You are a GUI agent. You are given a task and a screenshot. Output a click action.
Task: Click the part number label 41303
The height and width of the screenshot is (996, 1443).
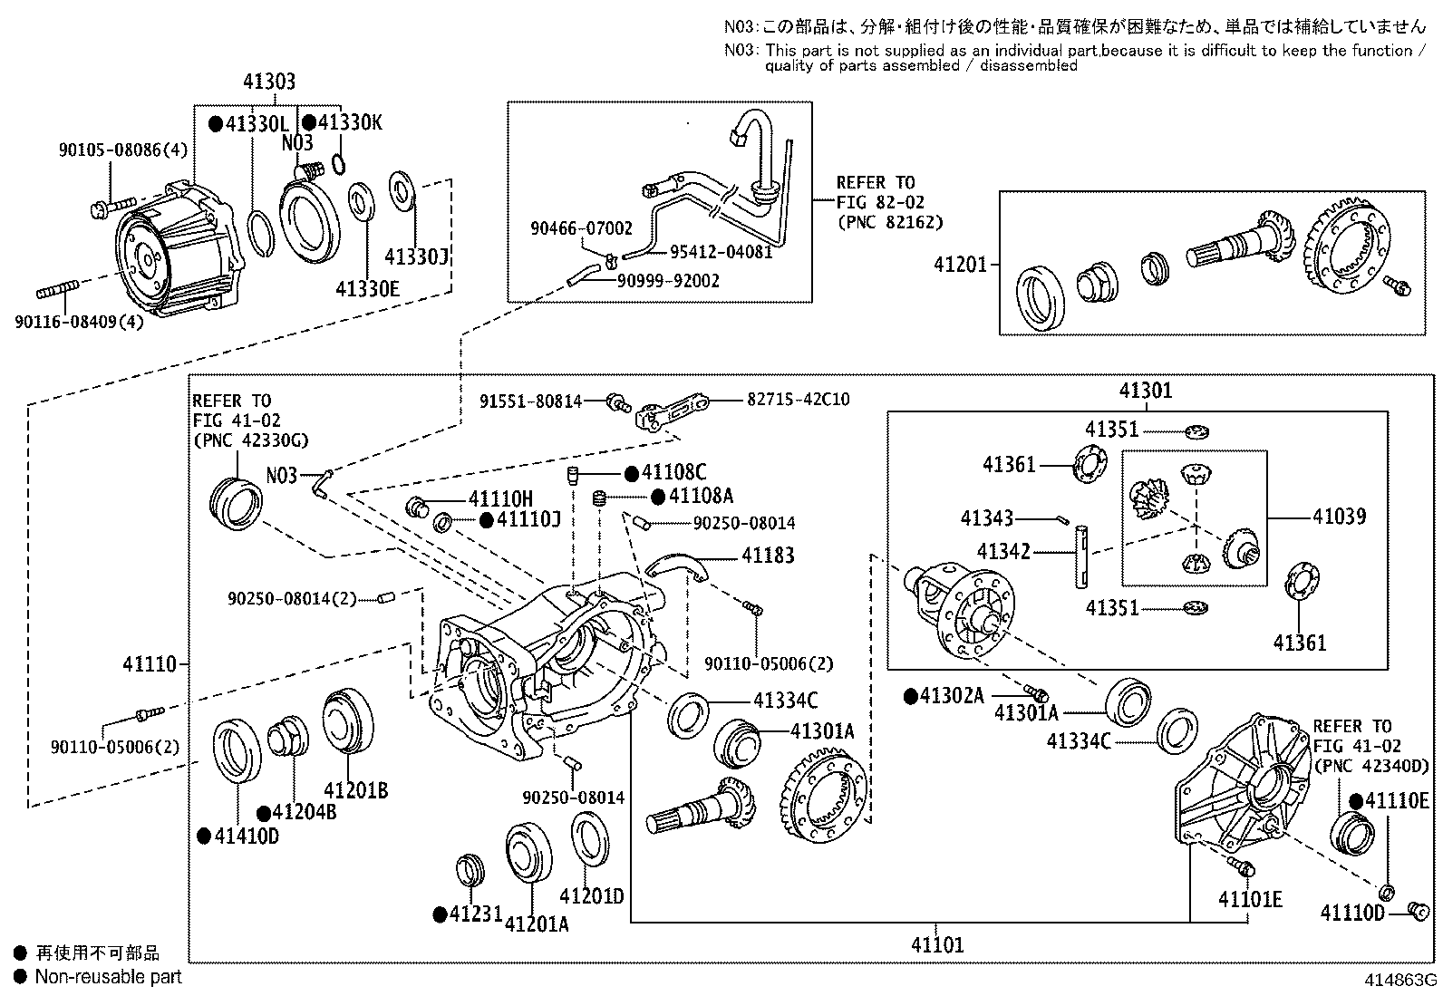pyautogui.click(x=269, y=82)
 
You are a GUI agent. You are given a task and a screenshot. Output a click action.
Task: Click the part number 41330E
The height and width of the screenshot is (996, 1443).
pyautogui.click(x=367, y=289)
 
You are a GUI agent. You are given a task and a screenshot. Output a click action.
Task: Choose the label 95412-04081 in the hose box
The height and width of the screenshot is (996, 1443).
pyautogui.click(x=721, y=252)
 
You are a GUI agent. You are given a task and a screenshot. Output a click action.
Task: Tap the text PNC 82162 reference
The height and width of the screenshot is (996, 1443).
pyautogui.click(x=890, y=223)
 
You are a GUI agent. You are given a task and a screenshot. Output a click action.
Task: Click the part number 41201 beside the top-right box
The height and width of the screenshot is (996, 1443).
pyautogui.click(x=960, y=264)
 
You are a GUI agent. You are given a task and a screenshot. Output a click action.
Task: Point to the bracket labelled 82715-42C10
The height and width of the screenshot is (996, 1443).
pyautogui.click(x=672, y=411)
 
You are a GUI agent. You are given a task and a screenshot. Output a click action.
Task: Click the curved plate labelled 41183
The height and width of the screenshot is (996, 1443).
pyautogui.click(x=676, y=565)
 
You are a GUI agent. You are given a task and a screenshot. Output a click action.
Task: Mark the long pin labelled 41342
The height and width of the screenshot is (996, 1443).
pyautogui.click(x=1081, y=556)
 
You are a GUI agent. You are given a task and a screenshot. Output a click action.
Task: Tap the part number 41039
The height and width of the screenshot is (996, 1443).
pyautogui.click(x=1340, y=517)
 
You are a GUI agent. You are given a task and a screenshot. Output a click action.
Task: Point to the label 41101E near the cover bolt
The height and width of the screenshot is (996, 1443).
pyautogui.click(x=1250, y=899)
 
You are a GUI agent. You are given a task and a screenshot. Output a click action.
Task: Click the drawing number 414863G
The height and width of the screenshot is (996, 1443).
pyautogui.click(x=1400, y=980)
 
